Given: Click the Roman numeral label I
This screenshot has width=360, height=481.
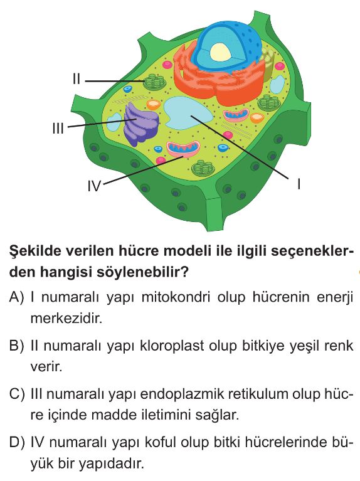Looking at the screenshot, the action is pyautogui.click(x=299, y=184).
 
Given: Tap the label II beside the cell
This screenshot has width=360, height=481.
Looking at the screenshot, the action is pyautogui.click(x=77, y=79).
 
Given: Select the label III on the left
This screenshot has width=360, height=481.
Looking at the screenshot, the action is pyautogui.click(x=58, y=128).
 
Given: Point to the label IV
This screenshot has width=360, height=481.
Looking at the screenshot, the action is pyautogui.click(x=94, y=186).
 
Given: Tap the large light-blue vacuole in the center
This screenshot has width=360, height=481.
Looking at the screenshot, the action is pyautogui.click(x=187, y=113).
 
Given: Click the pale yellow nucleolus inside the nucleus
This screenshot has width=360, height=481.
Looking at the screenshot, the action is pyautogui.click(x=220, y=51).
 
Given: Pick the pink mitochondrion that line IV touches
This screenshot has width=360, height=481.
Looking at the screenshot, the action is pyautogui.click(x=183, y=149).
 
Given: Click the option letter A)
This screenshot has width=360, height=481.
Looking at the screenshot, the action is pyautogui.click(x=16, y=297).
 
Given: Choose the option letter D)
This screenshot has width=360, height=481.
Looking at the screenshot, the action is pyautogui.click(x=17, y=443).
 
